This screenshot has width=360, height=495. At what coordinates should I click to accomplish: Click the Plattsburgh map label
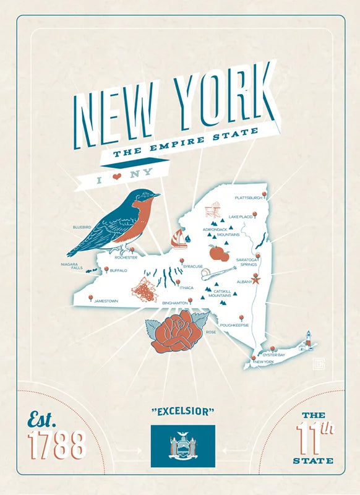tap(249, 198)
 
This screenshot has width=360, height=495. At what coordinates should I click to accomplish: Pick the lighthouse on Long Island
tap(307, 340)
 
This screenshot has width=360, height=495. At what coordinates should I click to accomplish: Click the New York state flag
tap(182, 445)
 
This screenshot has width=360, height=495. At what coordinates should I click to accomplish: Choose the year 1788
tap(56, 445)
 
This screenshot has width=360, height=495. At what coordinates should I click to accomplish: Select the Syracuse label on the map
tap(192, 267)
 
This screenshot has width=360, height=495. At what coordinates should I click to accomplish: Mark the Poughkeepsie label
tap(234, 324)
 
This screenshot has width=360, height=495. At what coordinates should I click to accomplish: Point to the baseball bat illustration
tap(218, 273)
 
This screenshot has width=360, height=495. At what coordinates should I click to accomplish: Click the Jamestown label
tap(106, 301)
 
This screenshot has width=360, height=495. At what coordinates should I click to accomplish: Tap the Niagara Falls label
tap(72, 266)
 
